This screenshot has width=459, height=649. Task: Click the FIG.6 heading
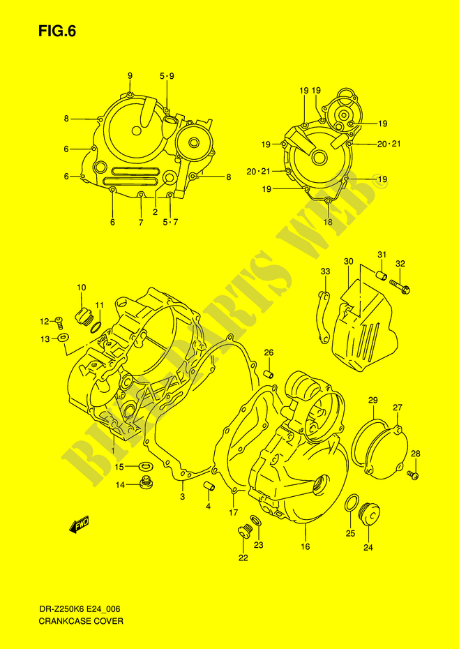[x=57, y=32]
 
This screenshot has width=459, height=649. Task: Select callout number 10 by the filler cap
[x=81, y=288]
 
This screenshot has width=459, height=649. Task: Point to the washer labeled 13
[x=63, y=338]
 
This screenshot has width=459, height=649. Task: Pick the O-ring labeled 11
[x=95, y=327]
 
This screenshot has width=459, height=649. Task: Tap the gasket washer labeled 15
[x=145, y=467]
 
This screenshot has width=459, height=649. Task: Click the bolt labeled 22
[x=243, y=531]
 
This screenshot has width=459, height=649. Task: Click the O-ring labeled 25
[x=352, y=503]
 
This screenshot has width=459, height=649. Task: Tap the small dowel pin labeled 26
[x=269, y=374]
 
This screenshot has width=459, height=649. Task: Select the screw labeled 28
[x=414, y=475]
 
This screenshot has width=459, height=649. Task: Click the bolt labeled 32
[x=400, y=286]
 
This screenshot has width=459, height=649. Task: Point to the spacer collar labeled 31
[x=382, y=274]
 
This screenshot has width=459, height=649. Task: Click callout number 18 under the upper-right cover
[x=328, y=223]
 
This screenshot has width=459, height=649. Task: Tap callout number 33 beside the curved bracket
[x=325, y=271]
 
